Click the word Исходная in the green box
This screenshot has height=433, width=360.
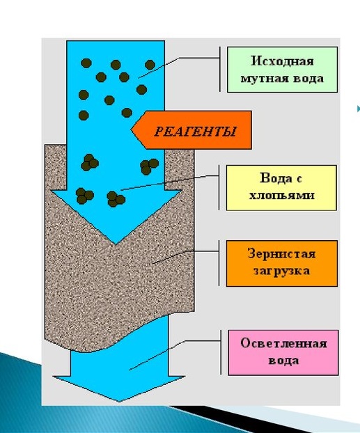283,61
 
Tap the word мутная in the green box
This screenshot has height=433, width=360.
258,79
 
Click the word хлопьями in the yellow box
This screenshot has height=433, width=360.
282,196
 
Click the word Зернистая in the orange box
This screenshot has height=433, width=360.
282,254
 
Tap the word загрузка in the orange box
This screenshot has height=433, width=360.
282,271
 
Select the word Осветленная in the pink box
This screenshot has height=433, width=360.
283,343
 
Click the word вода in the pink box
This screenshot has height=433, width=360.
283,361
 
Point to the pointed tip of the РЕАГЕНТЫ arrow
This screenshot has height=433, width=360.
131,129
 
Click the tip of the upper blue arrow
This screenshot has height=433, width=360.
116,244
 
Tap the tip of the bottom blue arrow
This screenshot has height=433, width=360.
120,401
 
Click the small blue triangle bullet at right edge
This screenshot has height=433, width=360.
359,109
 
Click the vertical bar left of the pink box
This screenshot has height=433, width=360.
221,352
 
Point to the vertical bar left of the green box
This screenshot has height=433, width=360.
220,69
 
